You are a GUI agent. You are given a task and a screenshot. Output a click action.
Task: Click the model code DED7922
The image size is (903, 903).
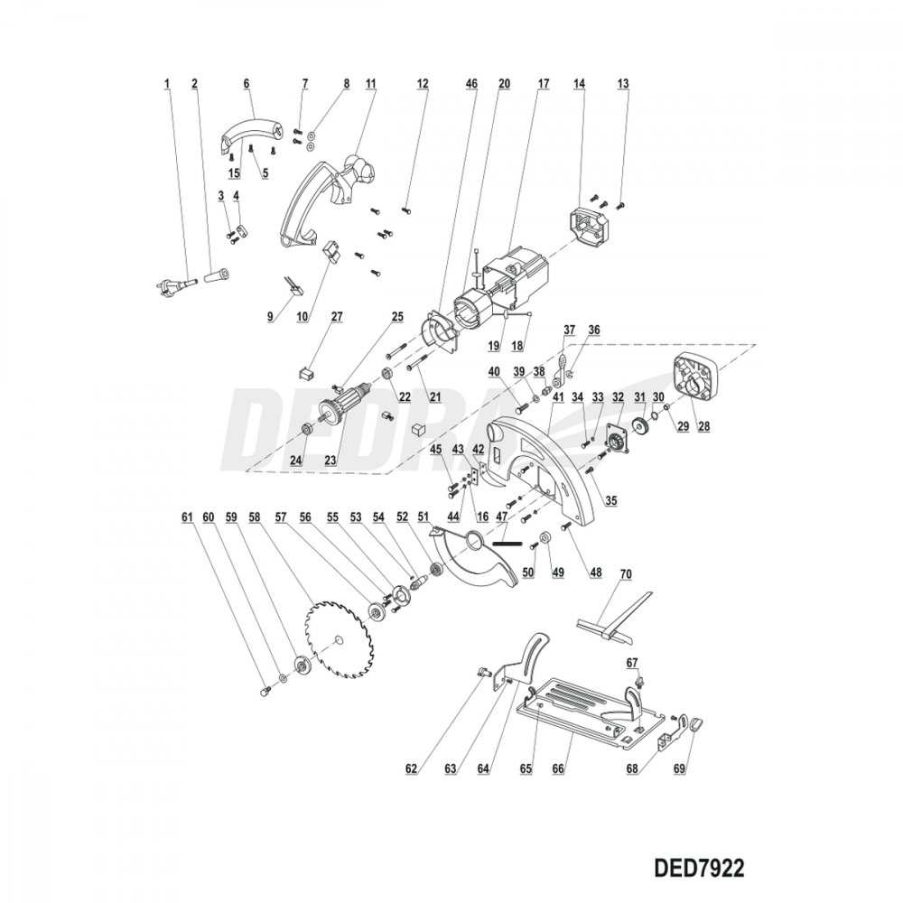click(x=696, y=865)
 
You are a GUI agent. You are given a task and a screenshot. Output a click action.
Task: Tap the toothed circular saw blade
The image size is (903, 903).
click(x=335, y=640)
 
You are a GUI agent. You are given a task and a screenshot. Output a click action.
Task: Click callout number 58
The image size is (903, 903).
click(x=255, y=517)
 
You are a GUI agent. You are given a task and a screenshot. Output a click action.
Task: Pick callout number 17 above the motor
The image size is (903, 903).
click(x=544, y=83)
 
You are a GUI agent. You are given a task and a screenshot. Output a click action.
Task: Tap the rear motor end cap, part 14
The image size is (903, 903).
click(x=591, y=227)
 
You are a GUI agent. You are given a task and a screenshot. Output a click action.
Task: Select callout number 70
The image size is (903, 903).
click(x=624, y=574)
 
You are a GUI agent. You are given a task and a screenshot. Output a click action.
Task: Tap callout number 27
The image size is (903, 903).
click(x=336, y=316)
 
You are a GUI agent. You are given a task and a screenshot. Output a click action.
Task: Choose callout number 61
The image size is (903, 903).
click(x=187, y=517)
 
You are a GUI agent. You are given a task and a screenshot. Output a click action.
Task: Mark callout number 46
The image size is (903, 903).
click(x=470, y=83)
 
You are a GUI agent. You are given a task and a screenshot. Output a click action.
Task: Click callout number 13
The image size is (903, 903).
click(x=622, y=83)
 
